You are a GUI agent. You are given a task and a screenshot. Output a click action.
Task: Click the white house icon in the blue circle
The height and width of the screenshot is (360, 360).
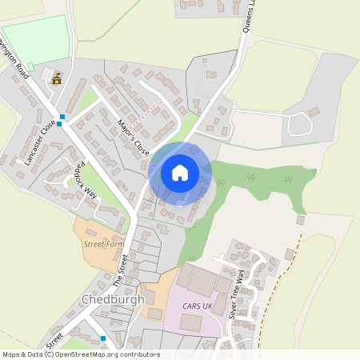pyautogui.click(x=180, y=172)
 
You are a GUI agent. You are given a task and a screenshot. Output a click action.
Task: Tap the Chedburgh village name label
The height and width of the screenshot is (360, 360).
pyautogui.click(x=113, y=299)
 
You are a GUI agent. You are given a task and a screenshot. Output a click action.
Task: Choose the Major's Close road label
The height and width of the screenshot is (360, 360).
pyautogui.click(x=132, y=136)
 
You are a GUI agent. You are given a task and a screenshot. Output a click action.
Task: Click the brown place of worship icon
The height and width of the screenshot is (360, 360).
pyautogui.click(x=57, y=78)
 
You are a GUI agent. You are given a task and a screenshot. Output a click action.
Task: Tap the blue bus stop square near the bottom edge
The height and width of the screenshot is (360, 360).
pyautogui.click(x=103, y=338)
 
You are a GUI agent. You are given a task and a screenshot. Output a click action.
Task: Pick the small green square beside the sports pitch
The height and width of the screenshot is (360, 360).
pyautogui.click(x=31, y=66)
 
